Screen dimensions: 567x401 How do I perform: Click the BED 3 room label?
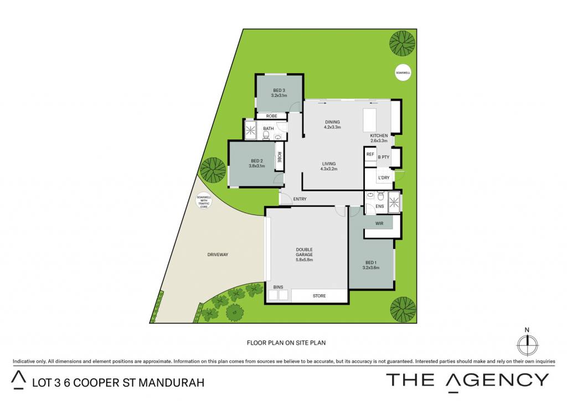click(x=279, y=90)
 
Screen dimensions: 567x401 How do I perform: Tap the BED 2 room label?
click(x=257, y=161)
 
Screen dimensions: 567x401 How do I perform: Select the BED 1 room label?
click(x=371, y=263)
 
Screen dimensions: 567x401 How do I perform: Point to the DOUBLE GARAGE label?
click(x=304, y=252)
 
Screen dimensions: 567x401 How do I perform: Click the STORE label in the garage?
click(x=319, y=296)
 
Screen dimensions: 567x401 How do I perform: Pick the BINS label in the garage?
click(x=278, y=287)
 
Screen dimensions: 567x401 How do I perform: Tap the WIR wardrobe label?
click(x=379, y=223)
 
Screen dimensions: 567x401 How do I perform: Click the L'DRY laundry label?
click(x=384, y=178)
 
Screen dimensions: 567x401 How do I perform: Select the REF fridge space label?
click(x=370, y=154)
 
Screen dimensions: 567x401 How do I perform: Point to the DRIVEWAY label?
click(x=218, y=254)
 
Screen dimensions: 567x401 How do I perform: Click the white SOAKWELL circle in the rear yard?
click(x=403, y=72)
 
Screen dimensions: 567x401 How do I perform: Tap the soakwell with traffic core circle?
click(x=204, y=201)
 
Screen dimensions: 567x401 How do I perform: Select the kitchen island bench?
click(x=370, y=121)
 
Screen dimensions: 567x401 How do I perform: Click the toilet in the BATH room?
click(x=266, y=135)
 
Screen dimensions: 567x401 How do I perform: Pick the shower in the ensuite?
click(x=394, y=201)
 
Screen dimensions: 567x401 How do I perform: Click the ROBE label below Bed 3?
click(x=271, y=116)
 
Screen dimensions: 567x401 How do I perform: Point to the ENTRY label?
click(x=300, y=199)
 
